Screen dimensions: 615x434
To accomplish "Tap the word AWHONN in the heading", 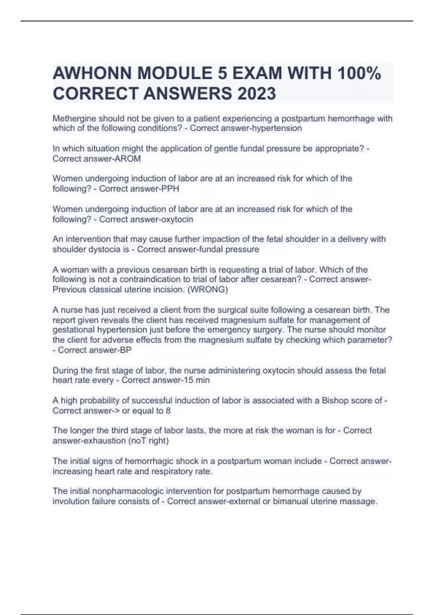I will point(92,73).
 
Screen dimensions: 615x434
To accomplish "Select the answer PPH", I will point(170,188).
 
